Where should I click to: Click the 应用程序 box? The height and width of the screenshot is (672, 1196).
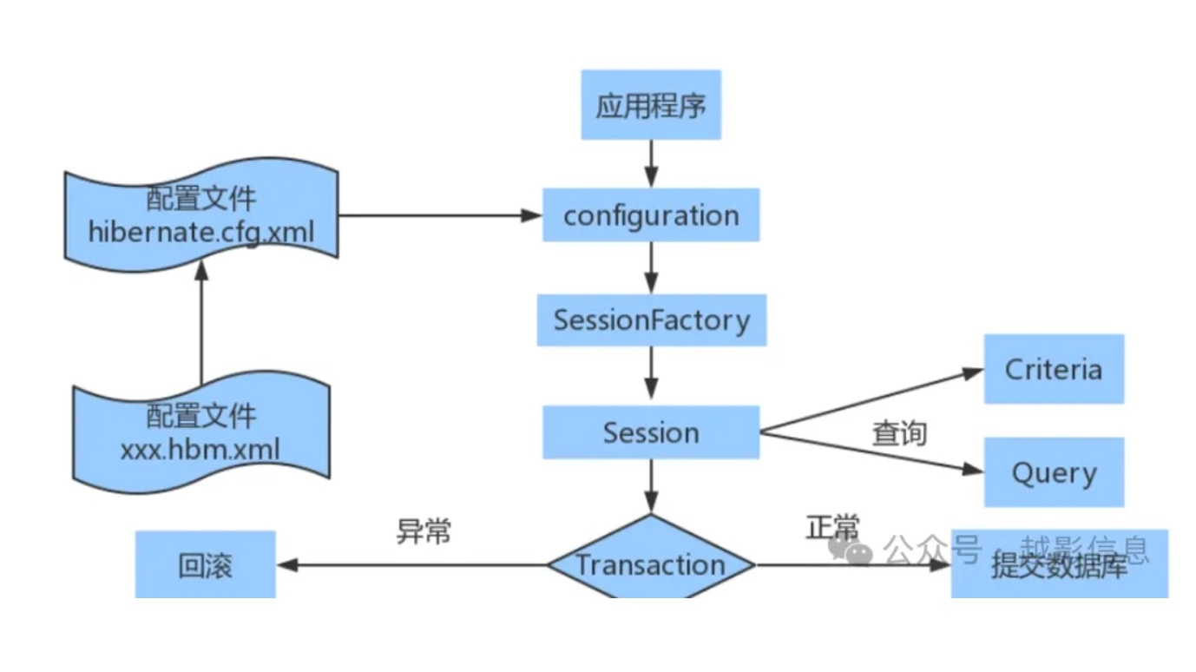pos(650,105)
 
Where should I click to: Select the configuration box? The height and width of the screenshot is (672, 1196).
pos(651,215)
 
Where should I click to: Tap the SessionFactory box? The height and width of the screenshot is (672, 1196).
pos(651,320)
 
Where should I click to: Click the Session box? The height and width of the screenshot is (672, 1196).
pos(651,432)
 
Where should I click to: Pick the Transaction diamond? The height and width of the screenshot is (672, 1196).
pos(651,564)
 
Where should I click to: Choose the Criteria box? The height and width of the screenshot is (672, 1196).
pos(1053,369)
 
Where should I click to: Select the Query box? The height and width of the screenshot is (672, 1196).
pos(1053,472)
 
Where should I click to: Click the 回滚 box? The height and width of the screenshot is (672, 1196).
pos(205,565)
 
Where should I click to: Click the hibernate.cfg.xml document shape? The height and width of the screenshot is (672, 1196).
pos(200,214)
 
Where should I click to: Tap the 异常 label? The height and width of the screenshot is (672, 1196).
pos(424,530)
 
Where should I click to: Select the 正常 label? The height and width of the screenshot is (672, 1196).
pos(832,526)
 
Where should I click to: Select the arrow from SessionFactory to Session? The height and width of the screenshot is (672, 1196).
pos(651,375)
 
